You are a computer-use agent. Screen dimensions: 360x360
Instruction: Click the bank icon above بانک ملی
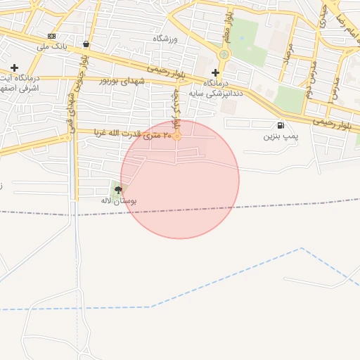(x=51, y=36)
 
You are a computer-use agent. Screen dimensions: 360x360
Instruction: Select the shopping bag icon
(x=86, y=44)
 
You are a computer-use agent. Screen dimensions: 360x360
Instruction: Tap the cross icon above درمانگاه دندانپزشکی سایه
(x=215, y=72)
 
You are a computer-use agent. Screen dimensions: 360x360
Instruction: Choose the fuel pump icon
(x=281, y=125)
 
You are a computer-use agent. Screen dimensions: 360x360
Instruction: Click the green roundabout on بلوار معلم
(x=224, y=54)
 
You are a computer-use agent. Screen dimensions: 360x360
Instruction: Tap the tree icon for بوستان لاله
(x=117, y=189)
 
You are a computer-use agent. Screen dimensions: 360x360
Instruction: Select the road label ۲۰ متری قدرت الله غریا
(x=134, y=135)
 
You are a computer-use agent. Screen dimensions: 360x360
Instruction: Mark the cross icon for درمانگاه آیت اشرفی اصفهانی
(x=14, y=67)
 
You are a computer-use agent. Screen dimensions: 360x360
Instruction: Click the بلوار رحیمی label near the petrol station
(x=334, y=122)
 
